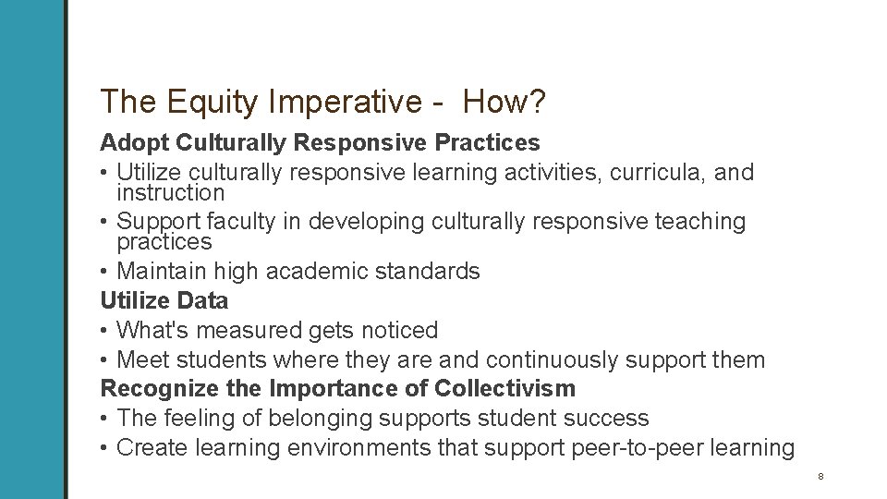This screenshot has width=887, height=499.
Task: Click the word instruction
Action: point(171,193)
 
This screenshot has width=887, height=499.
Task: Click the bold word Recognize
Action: point(150,387)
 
